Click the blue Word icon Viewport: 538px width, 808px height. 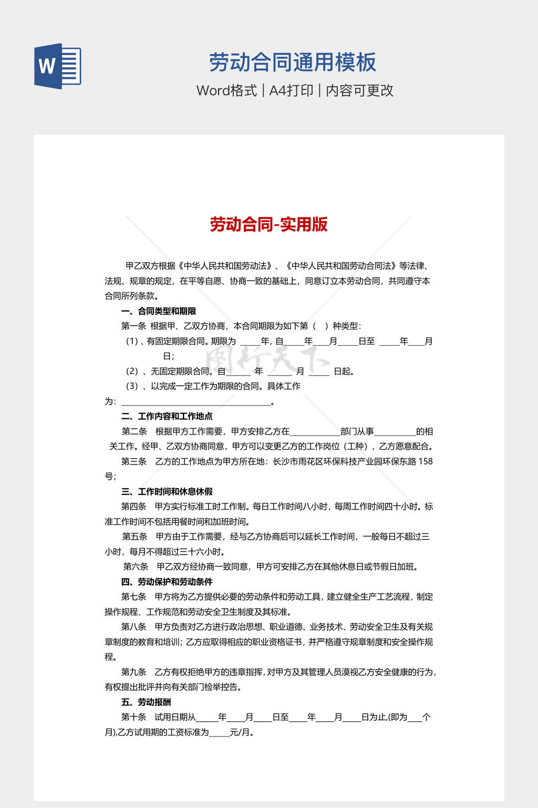[57, 66]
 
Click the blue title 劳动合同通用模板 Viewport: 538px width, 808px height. [292, 63]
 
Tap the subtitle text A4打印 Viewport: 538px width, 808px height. [291, 90]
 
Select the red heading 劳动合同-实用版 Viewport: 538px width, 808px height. [268, 225]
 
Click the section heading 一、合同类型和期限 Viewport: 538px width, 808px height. [159, 311]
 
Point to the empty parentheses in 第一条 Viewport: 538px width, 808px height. [320, 326]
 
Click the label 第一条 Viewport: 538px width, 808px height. [133, 326]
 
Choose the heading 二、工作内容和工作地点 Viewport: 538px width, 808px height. [167, 416]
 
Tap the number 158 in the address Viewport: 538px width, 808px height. [425, 461]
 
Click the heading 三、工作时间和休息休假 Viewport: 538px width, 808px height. [167, 491]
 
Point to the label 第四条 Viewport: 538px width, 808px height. [133, 507]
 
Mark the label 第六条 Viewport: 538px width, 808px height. [136, 567]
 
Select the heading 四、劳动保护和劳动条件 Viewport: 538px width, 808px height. [167, 582]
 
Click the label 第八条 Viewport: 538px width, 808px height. [133, 627]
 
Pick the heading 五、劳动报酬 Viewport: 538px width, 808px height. [146, 702]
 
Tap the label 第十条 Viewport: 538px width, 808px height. [133, 717]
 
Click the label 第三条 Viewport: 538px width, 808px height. [133, 461]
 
